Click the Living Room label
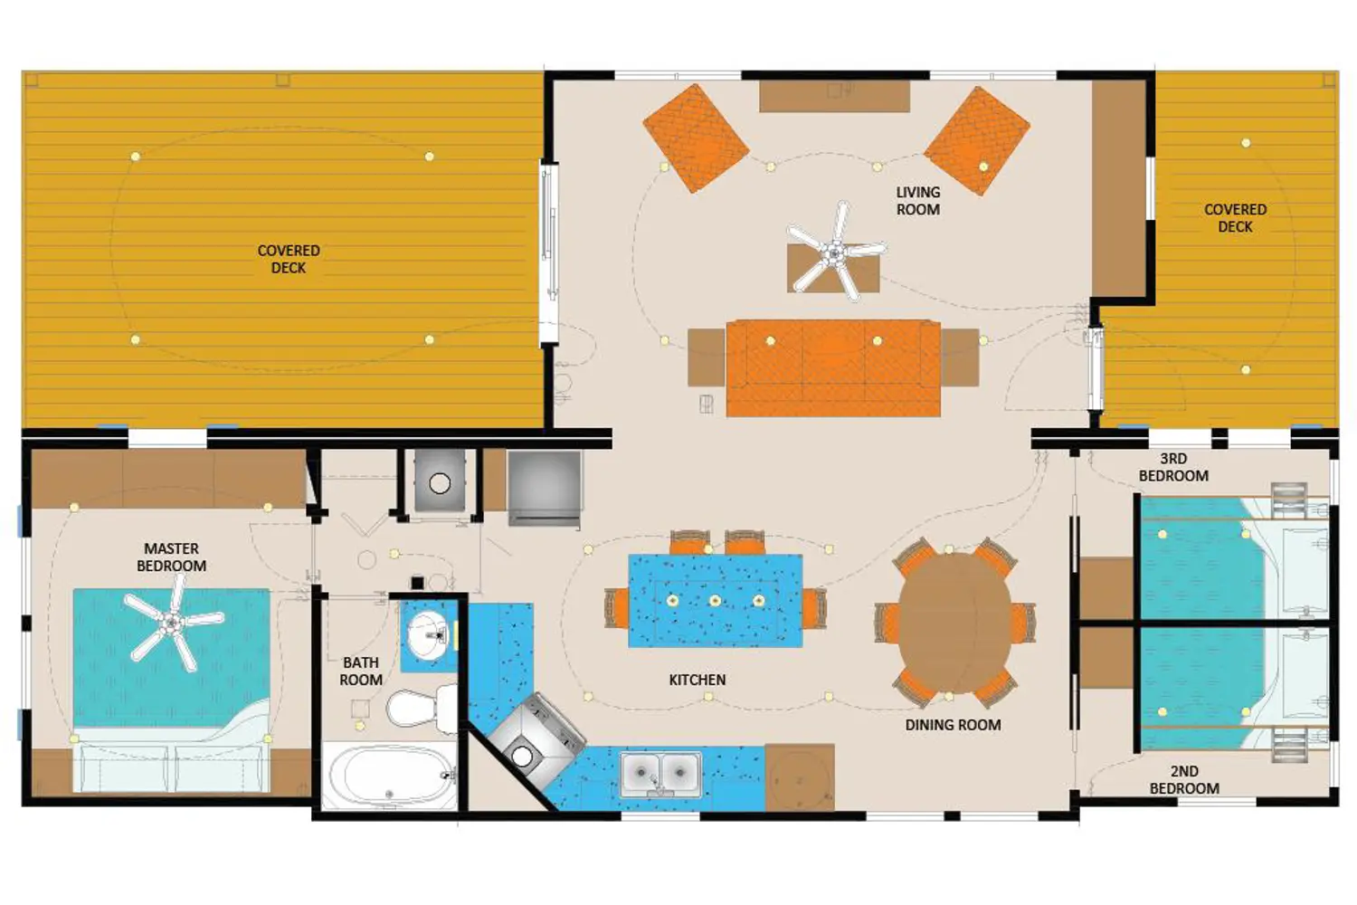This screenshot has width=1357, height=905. click(x=918, y=201)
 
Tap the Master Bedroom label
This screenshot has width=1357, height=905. click(x=172, y=557)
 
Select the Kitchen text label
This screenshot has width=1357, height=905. click(x=697, y=681)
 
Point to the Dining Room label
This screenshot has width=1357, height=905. click(x=953, y=725)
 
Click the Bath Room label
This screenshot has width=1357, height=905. click(x=360, y=671)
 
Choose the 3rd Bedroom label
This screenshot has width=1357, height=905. click(x=1173, y=467)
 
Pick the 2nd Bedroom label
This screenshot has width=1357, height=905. click(x=1184, y=780)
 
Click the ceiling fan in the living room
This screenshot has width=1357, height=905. click(x=836, y=252)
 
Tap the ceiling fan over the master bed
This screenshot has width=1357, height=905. click(x=174, y=623)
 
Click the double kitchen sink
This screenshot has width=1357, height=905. click(x=660, y=773)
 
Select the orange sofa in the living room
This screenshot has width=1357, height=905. click(x=833, y=368)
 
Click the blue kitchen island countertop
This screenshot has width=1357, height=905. click(x=716, y=601)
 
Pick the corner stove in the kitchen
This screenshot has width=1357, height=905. click(x=536, y=739)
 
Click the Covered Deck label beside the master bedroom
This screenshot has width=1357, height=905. click(x=289, y=259)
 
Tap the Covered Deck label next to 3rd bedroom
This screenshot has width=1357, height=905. click(x=1235, y=217)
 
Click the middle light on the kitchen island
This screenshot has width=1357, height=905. click(x=716, y=601)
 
